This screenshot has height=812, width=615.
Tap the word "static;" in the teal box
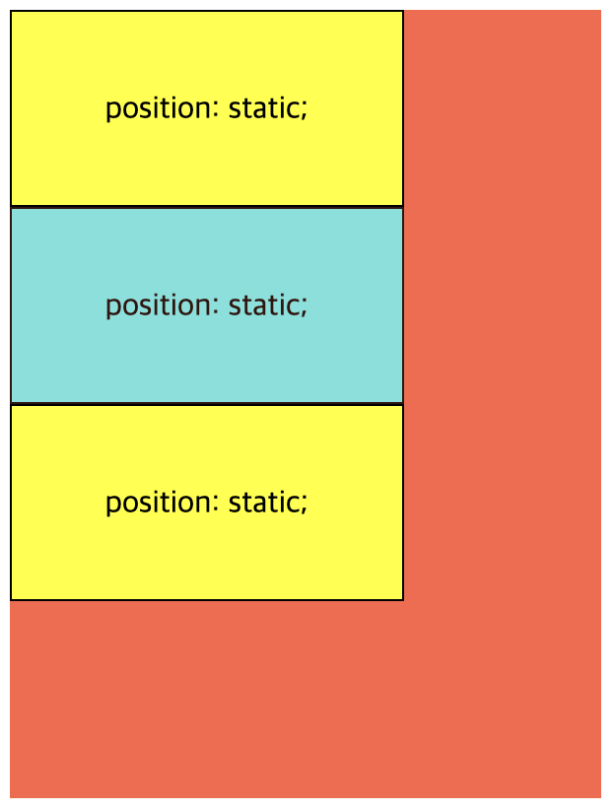268,305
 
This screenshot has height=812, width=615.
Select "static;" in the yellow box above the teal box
268,108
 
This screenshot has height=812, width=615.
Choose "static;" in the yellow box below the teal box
268,503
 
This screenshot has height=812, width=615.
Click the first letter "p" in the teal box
113,309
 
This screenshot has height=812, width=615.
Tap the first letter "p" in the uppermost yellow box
113,113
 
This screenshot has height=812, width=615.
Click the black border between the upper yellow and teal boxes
207,207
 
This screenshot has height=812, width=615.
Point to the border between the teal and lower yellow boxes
207,404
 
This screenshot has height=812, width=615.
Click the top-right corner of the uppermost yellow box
403,11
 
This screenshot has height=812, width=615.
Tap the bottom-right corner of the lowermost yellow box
403,600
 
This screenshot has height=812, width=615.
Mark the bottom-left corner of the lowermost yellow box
11,600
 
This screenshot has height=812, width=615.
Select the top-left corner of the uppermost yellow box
11,11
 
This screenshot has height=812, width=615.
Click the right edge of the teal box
403,305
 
